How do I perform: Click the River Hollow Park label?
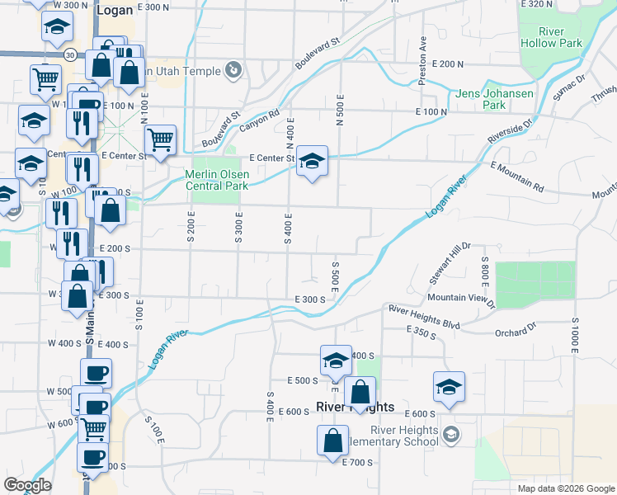pyautogui.click(x=551, y=37)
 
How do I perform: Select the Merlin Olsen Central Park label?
pyautogui.click(x=215, y=180)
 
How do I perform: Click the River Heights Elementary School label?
pyautogui.click(x=393, y=435)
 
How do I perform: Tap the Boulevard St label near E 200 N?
pyautogui.click(x=318, y=53)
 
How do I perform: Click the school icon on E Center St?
pyautogui.click(x=313, y=161)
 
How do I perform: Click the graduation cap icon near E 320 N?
pyautogui.click(x=56, y=29)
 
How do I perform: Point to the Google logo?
pyautogui.click(x=27, y=485)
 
